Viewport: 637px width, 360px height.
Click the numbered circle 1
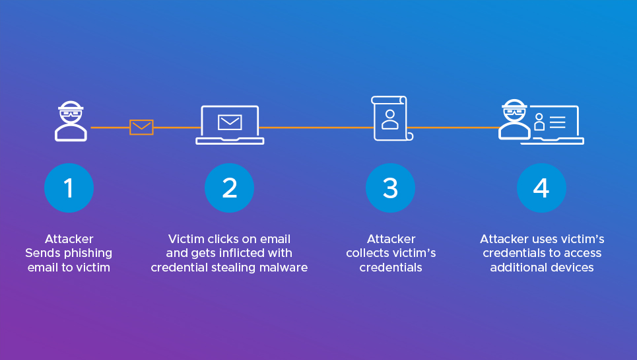69,188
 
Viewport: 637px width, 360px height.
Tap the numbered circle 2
229,188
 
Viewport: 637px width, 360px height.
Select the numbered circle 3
390,188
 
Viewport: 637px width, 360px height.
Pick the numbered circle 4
541,188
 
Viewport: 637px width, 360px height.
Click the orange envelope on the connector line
141,127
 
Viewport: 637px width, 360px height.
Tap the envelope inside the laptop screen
230,122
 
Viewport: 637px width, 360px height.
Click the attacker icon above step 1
71,122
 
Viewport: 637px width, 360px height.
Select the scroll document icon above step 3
391,118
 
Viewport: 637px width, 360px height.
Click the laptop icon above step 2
230,125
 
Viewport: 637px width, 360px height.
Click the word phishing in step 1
90,253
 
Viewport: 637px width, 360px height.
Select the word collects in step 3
368,253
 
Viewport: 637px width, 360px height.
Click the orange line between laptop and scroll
317,127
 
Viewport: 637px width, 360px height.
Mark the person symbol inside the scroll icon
390,118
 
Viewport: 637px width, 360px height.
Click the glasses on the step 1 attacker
71,112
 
